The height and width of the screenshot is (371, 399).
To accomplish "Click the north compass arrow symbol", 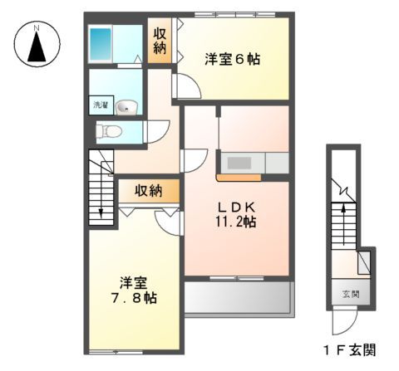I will click(37, 49).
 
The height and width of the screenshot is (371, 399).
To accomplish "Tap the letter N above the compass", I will click(37, 27).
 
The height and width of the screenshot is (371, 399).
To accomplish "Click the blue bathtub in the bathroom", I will click(101, 41).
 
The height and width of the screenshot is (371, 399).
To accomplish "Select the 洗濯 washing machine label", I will click(99, 106).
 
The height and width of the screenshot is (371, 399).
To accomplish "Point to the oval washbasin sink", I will click(126, 106).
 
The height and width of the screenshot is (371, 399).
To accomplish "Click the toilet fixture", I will click(108, 130).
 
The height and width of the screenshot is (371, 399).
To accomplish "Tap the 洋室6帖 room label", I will click(232, 59).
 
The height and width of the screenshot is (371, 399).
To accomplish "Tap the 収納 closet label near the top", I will click(160, 41).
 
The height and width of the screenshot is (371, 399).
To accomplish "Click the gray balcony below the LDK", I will click(236, 296).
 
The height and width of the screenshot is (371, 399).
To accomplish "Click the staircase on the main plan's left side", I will click(101, 187).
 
